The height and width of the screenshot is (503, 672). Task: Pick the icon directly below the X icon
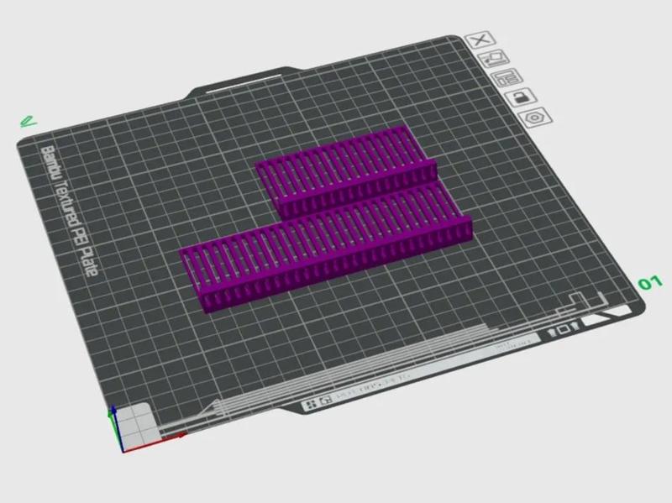(x=494, y=59)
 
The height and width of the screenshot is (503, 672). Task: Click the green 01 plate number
(x=650, y=283)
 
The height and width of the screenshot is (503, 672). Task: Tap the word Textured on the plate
(x=66, y=202)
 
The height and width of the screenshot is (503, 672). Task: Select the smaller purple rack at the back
(x=344, y=168)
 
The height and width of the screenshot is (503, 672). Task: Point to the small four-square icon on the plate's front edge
(x=311, y=405)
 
